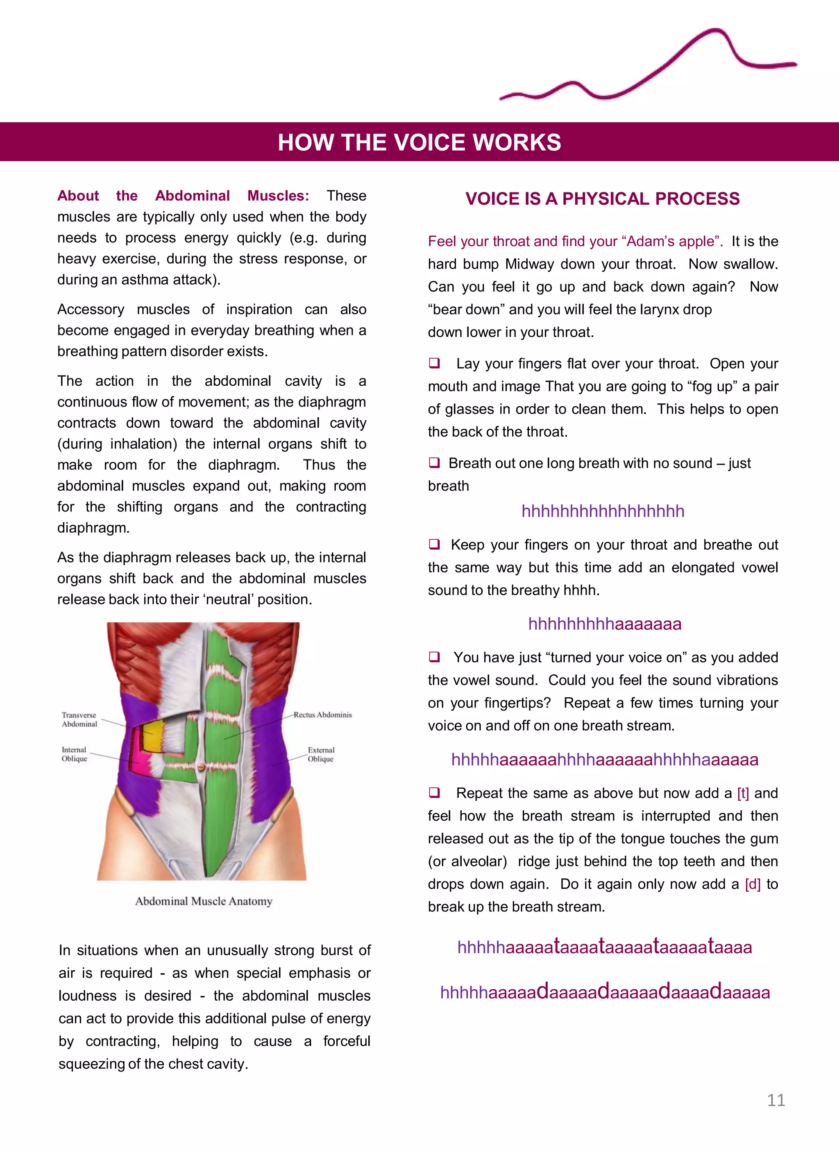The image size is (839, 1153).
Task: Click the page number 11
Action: coord(776,1100)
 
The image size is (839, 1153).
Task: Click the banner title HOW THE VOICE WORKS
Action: coord(419,142)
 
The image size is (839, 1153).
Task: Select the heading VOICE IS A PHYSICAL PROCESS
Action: coord(602,198)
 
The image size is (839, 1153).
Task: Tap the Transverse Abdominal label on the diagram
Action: coord(79,719)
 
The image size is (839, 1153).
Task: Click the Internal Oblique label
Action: coord(74,754)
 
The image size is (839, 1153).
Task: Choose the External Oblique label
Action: coord(321,755)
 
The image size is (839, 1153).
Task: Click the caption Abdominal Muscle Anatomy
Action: coord(204,901)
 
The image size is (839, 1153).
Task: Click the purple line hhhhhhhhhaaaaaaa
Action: coord(604,624)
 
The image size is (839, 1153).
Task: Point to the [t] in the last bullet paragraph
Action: coord(743,793)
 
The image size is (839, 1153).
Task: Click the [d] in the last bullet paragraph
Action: coord(752,884)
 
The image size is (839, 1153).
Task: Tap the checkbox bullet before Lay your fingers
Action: coord(434,363)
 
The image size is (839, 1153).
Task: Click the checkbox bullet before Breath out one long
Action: coord(434,463)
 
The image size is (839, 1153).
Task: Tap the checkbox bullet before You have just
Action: coord(434,657)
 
